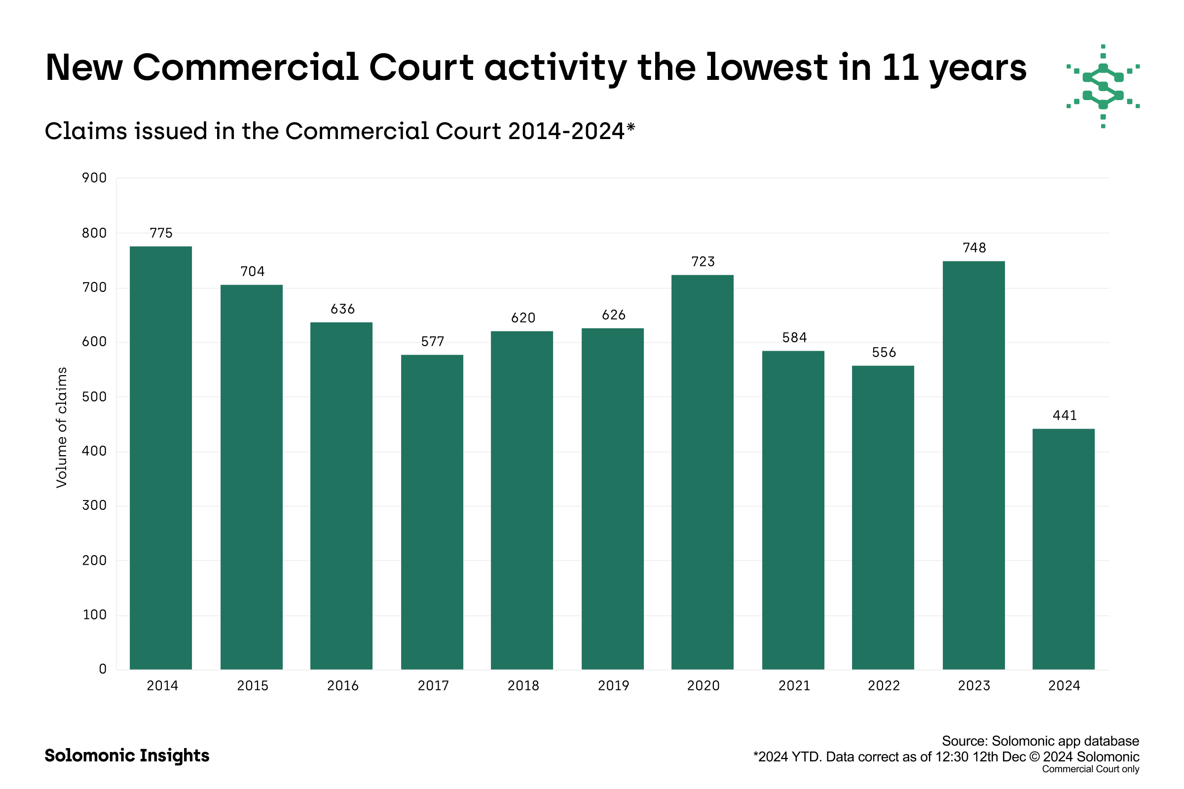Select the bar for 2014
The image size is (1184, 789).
click(x=161, y=458)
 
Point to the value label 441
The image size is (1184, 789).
click(x=1065, y=415)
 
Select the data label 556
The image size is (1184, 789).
click(x=884, y=352)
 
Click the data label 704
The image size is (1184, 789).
click(x=252, y=272)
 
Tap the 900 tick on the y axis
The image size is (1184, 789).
click(x=94, y=178)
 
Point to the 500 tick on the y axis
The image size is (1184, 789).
click(x=94, y=396)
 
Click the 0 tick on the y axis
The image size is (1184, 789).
click(x=103, y=669)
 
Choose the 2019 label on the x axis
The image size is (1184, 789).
click(x=613, y=685)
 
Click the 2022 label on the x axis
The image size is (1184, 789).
click(x=884, y=685)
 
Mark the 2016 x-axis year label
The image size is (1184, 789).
click(x=343, y=685)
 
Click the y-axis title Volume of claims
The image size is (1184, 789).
click(x=61, y=427)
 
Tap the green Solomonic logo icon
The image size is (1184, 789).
click(x=1103, y=86)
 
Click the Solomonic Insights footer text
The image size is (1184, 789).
click(x=127, y=755)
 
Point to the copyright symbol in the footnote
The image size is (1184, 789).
click(x=1034, y=757)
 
